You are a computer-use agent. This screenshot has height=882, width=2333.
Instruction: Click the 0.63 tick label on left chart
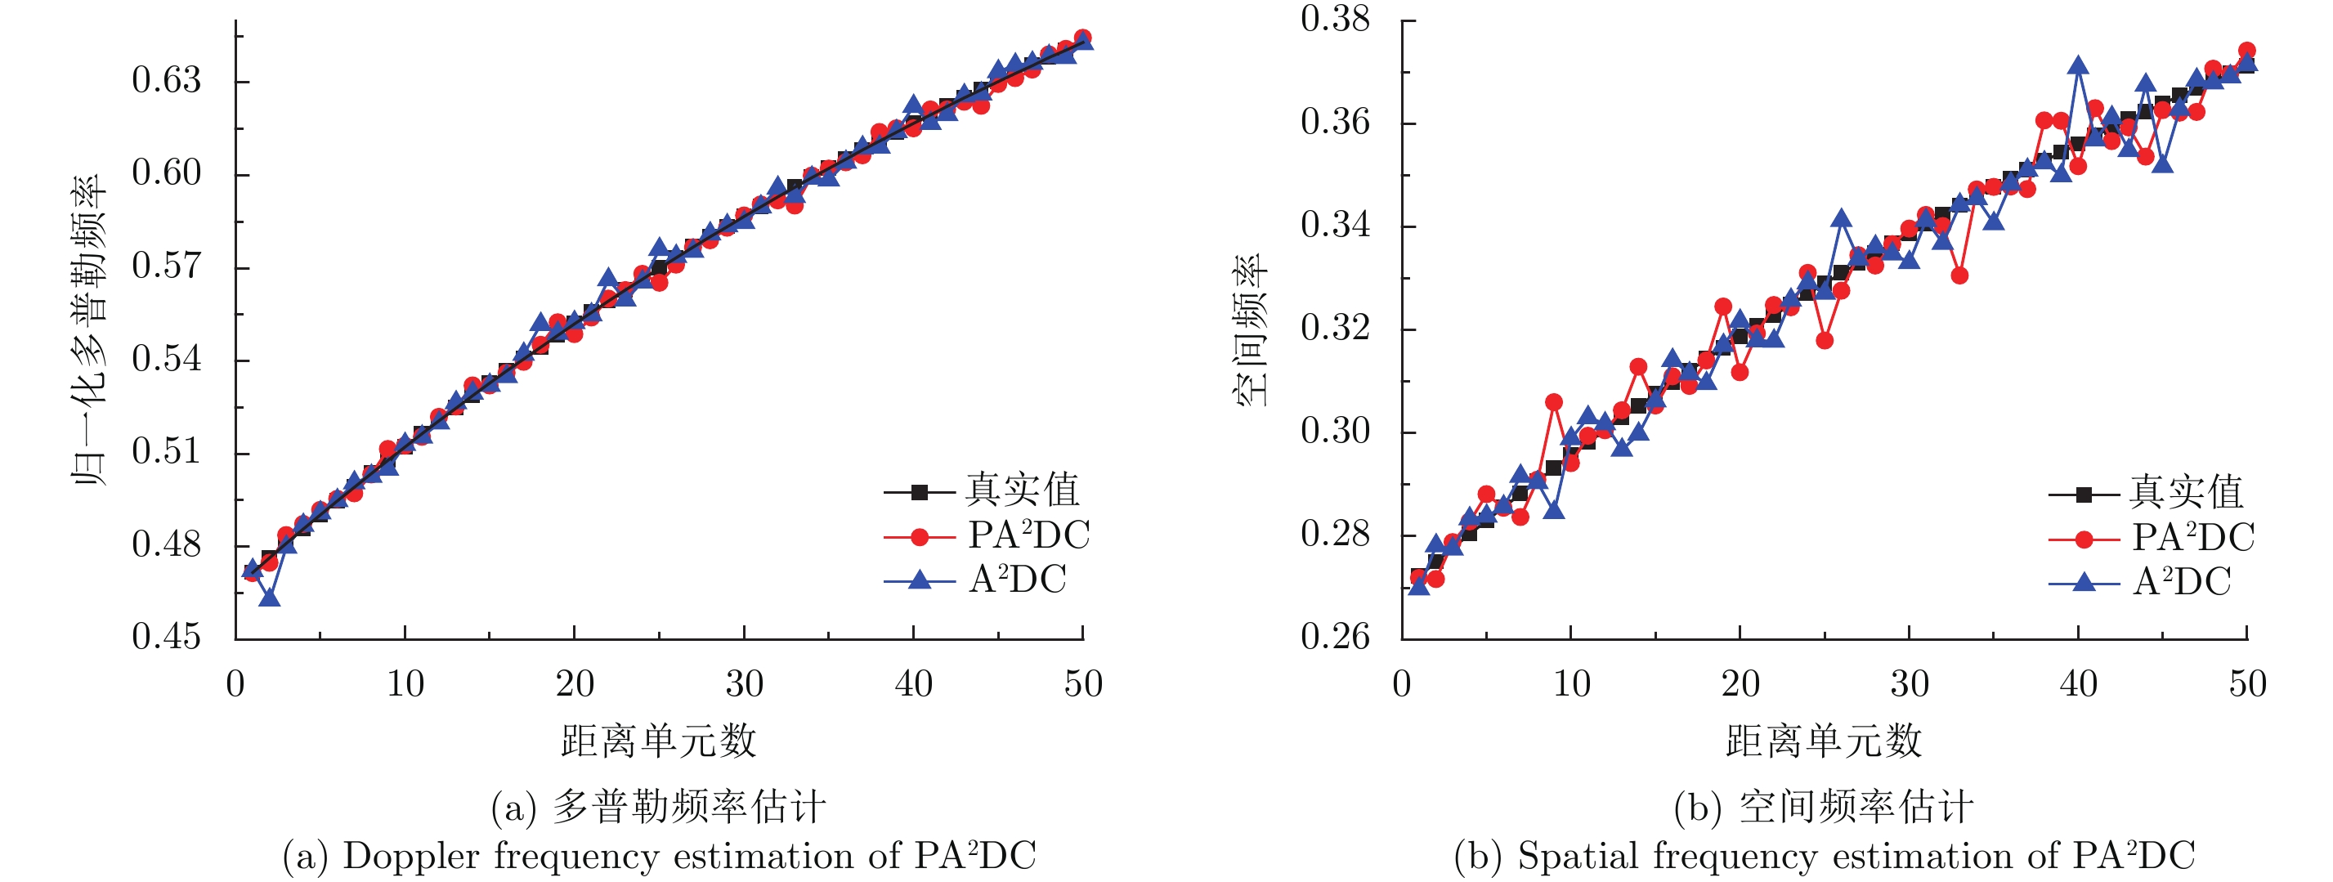[166, 81]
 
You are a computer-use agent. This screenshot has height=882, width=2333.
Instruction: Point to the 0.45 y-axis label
[166, 637]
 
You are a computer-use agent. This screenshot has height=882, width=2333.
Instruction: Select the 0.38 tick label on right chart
[1335, 19]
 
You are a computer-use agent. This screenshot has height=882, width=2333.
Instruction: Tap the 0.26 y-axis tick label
[1335, 637]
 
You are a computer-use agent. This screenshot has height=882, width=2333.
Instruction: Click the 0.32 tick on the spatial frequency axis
[1335, 328]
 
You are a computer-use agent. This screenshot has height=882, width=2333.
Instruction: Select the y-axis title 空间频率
[1251, 330]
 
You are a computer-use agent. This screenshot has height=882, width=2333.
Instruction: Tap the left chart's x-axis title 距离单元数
[658, 741]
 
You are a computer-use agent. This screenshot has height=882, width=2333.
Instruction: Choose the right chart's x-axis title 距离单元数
[1823, 741]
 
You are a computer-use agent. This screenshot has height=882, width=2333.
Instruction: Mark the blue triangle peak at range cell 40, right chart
[2079, 65]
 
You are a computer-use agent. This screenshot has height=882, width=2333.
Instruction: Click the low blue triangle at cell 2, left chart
[269, 598]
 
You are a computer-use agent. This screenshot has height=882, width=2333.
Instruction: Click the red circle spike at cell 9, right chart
[1554, 402]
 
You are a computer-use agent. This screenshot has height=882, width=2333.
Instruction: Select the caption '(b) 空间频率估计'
[1823, 807]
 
